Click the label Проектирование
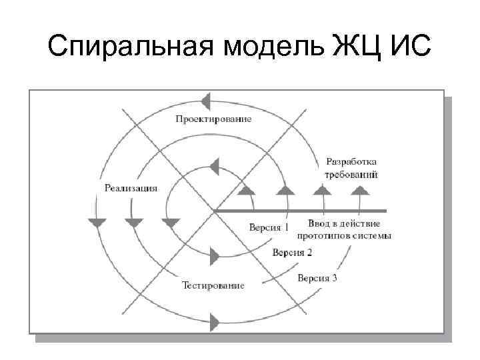click(x=213, y=119)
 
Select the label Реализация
click(x=131, y=187)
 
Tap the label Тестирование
click(x=213, y=285)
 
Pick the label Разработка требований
click(x=351, y=168)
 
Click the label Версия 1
click(x=269, y=227)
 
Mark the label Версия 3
click(x=317, y=277)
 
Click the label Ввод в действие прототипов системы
click(x=349, y=229)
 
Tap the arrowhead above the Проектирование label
click(x=206, y=101)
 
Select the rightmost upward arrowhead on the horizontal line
click(x=360, y=189)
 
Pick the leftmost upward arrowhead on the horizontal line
click(x=247, y=189)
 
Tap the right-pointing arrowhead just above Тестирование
click(x=214, y=255)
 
